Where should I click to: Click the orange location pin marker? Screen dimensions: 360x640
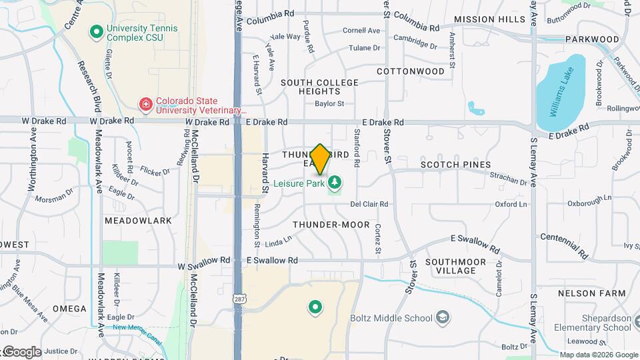coord(320,159)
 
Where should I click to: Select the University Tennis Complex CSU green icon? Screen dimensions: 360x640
coord(96,31)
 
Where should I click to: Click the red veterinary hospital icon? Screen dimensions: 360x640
coord(145,104)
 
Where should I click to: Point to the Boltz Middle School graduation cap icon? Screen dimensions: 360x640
coord(442,317)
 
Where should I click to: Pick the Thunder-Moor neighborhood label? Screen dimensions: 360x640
coord(331,225)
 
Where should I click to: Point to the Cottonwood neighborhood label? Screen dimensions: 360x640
coord(410,71)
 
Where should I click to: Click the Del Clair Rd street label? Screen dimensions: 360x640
coord(369,204)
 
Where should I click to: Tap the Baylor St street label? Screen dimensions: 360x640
coord(329,104)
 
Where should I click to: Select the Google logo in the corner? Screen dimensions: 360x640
coord(22,351)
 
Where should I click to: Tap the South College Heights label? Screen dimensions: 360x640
coord(319,87)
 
